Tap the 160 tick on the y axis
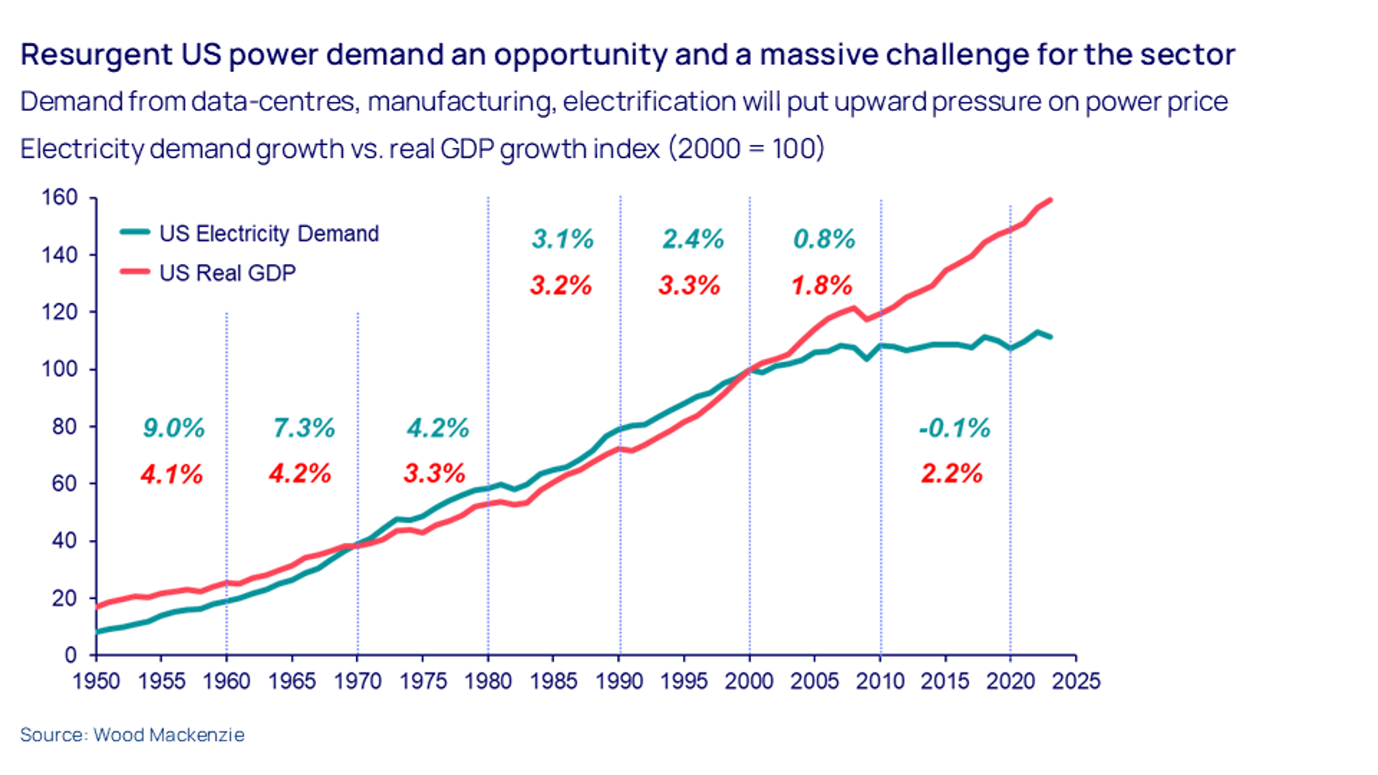click(60, 198)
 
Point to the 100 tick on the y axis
click(60, 369)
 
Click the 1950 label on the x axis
click(96, 681)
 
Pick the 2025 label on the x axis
click(1076, 681)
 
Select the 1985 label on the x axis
click(553, 681)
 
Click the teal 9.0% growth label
click(174, 428)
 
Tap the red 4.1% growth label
click(171, 475)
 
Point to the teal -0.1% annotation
click(955, 428)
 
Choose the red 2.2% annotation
click(952, 474)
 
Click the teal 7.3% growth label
click(304, 428)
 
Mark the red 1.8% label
click(821, 286)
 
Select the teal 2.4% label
click(693, 239)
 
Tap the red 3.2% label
click(560, 286)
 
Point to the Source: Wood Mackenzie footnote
click(132, 734)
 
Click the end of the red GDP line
click(1050, 200)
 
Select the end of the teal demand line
click(1050, 337)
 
